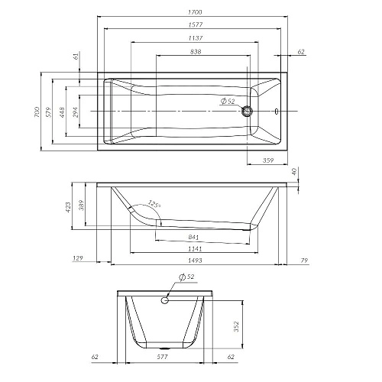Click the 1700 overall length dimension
[x=195, y=12]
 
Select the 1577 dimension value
[x=196, y=24]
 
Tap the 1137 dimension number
[x=196, y=38]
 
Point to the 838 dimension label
[x=196, y=51]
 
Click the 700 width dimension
[x=37, y=112]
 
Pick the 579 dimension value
[x=48, y=112]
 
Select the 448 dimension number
[x=62, y=112]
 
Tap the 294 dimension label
[x=76, y=112]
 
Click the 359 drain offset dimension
[x=268, y=160]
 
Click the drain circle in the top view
[x=247, y=112]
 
